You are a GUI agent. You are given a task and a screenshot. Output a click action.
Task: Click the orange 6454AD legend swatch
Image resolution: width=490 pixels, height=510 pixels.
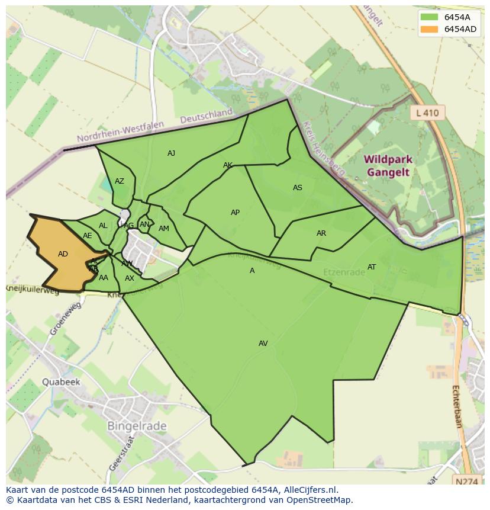430,29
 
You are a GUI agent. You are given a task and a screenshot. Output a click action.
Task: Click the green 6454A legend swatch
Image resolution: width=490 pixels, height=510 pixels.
430,17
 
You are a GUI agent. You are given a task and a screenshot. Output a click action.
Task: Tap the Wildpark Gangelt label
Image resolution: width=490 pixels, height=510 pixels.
388,166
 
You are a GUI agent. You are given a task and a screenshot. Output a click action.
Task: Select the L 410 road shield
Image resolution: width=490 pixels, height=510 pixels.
427,113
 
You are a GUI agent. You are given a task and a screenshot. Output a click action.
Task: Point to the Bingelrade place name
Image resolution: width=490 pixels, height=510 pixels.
137,426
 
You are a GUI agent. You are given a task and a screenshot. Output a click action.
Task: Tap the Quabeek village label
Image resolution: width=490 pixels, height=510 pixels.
60,382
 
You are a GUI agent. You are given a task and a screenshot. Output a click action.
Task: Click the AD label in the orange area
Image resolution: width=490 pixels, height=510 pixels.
63,254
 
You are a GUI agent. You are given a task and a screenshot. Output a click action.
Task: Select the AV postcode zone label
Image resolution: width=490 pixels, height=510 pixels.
263,344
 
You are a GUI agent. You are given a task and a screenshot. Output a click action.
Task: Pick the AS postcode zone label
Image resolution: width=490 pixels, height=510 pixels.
298,188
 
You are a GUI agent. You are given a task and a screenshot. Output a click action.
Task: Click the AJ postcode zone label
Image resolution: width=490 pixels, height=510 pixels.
171,153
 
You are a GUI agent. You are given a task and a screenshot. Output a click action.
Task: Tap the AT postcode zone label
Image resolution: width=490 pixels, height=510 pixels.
372,267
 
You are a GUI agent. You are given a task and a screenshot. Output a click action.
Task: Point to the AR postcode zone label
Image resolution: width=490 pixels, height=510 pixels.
321,233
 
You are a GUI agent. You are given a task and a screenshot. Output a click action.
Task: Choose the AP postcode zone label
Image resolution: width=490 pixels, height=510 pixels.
235,213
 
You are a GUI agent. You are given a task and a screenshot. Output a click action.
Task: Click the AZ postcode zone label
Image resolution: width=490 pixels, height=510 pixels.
120,181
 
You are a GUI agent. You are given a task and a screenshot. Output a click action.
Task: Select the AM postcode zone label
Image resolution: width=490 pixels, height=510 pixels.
164,229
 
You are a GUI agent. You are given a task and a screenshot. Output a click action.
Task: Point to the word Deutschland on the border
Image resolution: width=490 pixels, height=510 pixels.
207,116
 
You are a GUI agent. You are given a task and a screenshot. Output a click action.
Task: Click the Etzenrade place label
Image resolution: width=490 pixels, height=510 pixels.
344,272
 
